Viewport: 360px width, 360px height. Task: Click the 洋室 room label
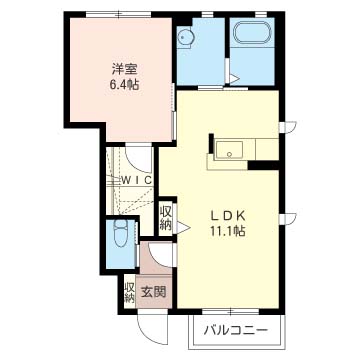[x=124, y=70]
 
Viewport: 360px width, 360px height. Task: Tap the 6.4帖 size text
[x=124, y=85]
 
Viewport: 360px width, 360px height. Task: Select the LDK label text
[x=228, y=216]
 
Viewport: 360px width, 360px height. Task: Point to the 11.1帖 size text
[x=228, y=231]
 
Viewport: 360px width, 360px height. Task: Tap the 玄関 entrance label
[x=153, y=292]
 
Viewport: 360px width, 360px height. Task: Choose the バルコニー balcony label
[x=236, y=331]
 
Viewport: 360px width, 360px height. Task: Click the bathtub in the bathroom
[x=252, y=33]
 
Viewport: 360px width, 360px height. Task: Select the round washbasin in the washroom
[x=184, y=37]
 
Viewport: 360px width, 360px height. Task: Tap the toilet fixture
[x=120, y=233]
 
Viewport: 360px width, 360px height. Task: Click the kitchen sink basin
[x=229, y=149]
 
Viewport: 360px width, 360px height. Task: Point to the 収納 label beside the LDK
[x=166, y=218]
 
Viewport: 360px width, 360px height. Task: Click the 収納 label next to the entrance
[x=129, y=293]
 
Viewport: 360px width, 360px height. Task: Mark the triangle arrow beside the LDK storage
[x=183, y=228]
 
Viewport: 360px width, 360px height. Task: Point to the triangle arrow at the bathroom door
[x=234, y=79]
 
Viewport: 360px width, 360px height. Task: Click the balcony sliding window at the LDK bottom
[x=231, y=312]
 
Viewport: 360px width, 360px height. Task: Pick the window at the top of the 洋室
[x=119, y=14]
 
